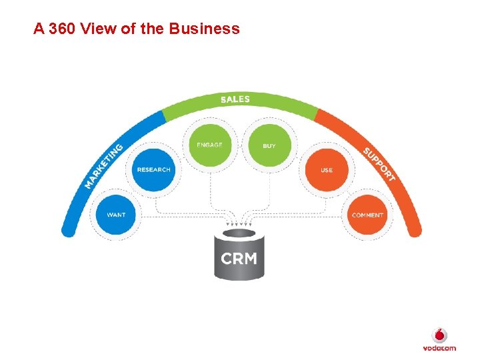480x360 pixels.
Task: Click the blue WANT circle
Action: coord(116,215)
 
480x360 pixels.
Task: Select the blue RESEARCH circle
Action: coord(153,169)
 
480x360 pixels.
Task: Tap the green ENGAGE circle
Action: coord(209,145)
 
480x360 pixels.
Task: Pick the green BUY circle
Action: coord(269,145)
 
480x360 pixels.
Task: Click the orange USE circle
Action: coord(326,169)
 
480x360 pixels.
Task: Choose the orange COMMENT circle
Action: coord(367,215)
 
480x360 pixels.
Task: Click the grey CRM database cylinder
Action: coord(239,257)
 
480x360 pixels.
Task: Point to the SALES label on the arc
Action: coord(235,99)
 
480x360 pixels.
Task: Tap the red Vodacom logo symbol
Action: coord(439,335)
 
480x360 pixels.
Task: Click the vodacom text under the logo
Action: coord(439,348)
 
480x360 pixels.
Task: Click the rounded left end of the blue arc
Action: coord(67,231)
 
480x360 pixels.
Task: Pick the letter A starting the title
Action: coord(39,29)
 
